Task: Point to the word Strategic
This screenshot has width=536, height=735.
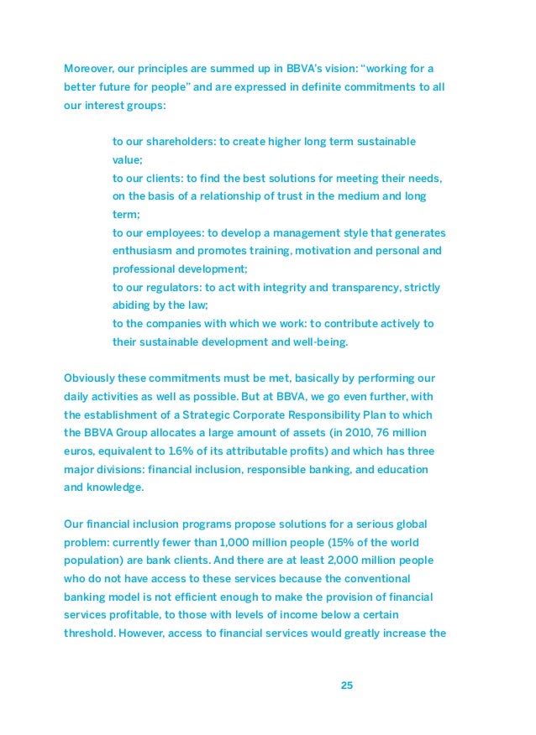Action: (250, 414)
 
